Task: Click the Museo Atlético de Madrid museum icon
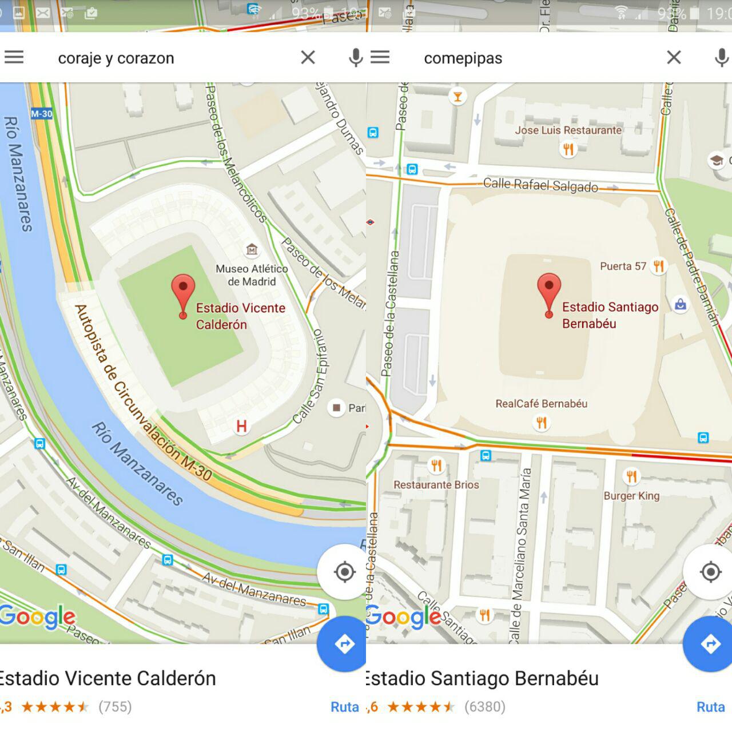click(x=252, y=249)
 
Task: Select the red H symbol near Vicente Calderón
click(x=241, y=426)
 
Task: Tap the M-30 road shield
click(x=42, y=114)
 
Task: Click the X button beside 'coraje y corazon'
click(x=308, y=57)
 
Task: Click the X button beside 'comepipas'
click(x=674, y=57)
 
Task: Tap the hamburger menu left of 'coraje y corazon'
click(x=14, y=57)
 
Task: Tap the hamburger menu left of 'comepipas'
click(x=380, y=57)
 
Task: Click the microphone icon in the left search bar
click(x=355, y=57)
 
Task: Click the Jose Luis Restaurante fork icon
click(x=568, y=149)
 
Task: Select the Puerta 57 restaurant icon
click(x=659, y=266)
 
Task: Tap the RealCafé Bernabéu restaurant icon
click(x=541, y=423)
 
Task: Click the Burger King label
click(x=631, y=496)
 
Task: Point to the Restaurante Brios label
click(x=436, y=484)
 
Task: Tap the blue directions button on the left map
click(x=344, y=644)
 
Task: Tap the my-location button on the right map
click(x=710, y=572)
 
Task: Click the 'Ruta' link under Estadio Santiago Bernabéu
click(x=710, y=707)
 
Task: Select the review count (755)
click(x=115, y=707)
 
